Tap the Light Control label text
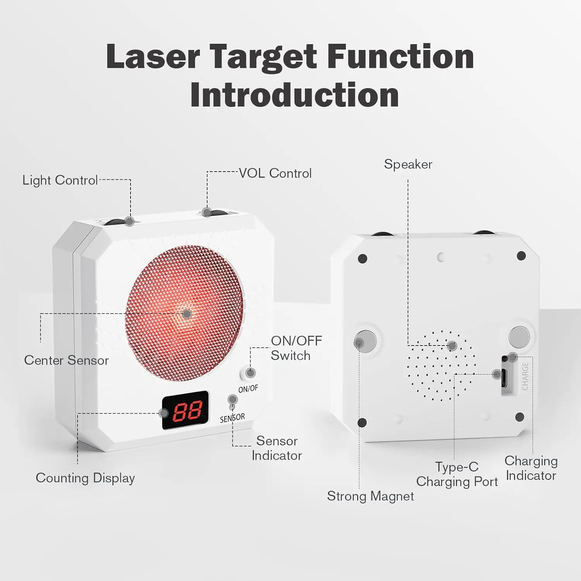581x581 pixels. (60, 180)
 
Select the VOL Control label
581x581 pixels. (275, 173)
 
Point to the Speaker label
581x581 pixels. (408, 164)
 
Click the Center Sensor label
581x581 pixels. (66, 360)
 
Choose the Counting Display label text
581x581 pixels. (85, 478)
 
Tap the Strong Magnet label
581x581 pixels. (370, 496)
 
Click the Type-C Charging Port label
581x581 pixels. (457, 474)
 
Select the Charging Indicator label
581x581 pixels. (531, 468)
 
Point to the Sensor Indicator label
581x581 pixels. (277, 448)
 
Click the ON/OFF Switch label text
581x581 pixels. (296, 348)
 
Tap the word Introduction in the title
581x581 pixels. (294, 95)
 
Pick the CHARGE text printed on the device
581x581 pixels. (525, 376)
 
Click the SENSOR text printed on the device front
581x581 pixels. (232, 418)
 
